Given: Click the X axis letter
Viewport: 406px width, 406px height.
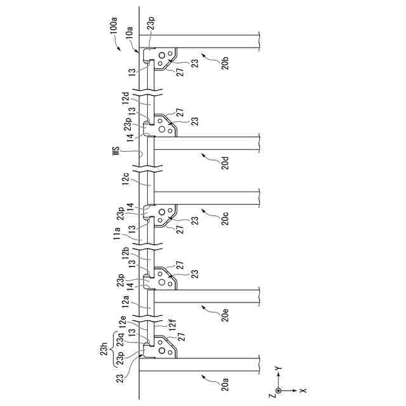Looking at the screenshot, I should click(303, 391).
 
